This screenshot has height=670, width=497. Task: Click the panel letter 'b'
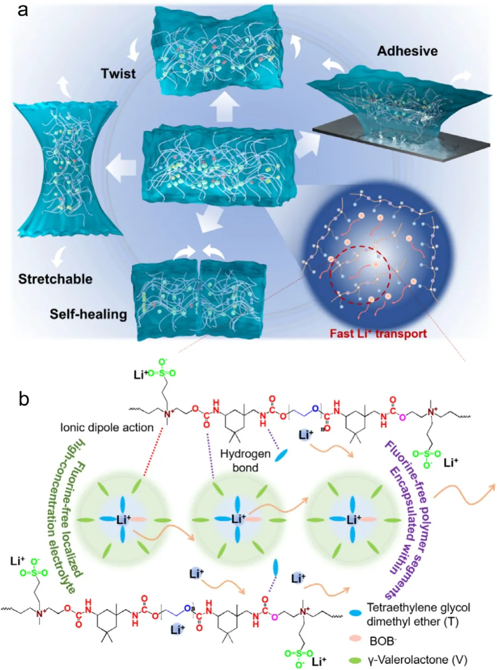[x=24, y=398]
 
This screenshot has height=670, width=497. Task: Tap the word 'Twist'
[x=118, y=74]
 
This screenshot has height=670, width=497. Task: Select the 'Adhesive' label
[x=407, y=51]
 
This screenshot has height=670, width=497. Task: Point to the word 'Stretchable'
[x=55, y=279]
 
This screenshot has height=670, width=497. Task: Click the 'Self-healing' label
[x=88, y=314]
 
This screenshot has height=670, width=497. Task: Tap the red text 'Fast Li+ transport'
[x=378, y=333]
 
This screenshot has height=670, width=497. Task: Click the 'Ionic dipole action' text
[x=107, y=428]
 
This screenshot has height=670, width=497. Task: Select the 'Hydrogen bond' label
[x=245, y=460]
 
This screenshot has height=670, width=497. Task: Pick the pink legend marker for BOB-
[x=355, y=639]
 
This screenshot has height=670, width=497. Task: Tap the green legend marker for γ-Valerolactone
[x=355, y=660]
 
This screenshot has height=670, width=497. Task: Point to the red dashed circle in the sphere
[x=360, y=275]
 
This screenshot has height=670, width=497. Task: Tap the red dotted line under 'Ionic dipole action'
[x=153, y=451]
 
